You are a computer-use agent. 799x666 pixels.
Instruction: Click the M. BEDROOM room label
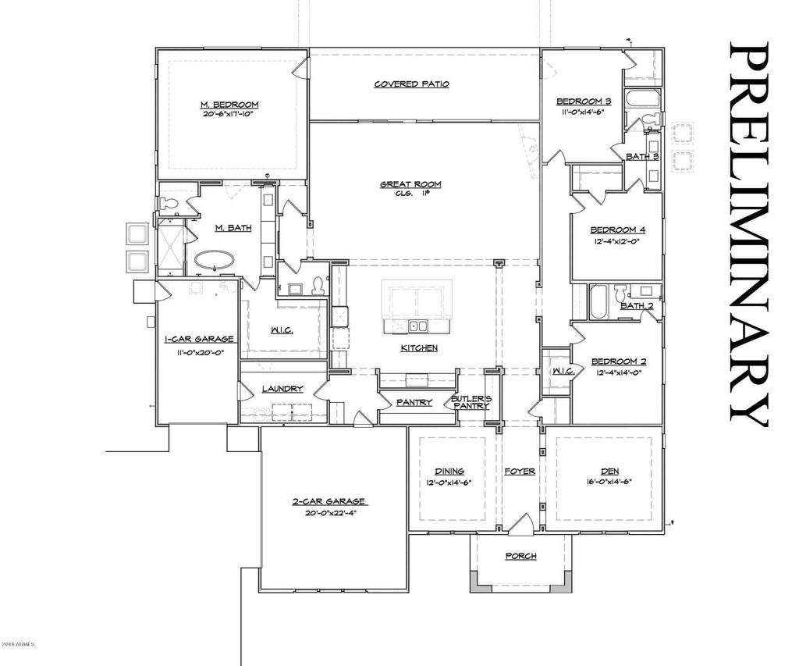(229, 105)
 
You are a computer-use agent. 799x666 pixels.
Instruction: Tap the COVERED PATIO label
(411, 84)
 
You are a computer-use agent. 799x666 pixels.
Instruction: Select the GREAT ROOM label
(410, 185)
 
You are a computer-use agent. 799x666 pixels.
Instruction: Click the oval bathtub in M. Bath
(215, 260)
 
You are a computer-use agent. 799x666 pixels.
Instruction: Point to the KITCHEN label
(419, 348)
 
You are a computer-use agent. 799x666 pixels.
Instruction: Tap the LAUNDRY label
(282, 389)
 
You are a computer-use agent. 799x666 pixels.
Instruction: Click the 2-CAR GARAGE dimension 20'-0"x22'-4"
(328, 513)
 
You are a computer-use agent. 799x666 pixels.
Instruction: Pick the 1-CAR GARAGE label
(199, 340)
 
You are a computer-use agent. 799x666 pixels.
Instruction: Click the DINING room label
(449, 471)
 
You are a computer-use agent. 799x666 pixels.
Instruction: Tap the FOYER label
(519, 472)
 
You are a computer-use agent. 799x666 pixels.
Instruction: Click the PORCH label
(520, 556)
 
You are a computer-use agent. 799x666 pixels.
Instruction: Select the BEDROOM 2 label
(618, 361)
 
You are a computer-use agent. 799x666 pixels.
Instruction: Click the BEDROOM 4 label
(617, 230)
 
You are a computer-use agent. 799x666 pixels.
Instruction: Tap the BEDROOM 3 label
(583, 102)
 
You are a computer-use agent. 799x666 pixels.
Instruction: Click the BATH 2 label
(637, 305)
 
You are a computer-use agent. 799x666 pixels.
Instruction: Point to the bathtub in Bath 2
(598, 303)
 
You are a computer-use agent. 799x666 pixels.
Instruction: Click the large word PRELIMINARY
(748, 234)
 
